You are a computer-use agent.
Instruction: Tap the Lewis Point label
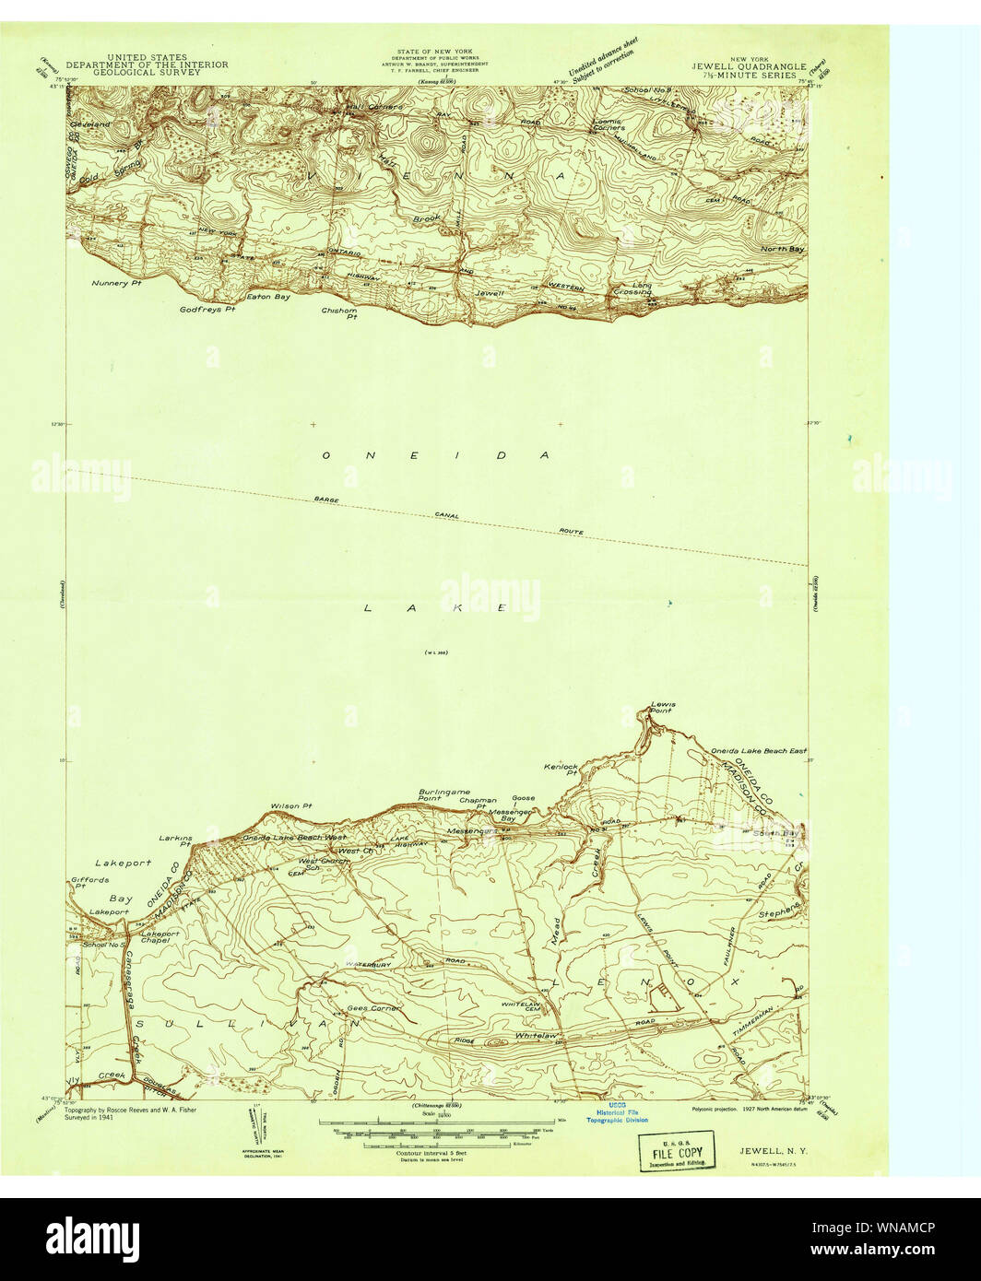coord(662,708)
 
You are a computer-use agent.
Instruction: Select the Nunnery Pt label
coord(114,284)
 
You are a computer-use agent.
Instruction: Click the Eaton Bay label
coord(268,297)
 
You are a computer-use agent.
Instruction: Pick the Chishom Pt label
coord(339,313)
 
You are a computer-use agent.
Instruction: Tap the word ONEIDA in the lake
coord(435,455)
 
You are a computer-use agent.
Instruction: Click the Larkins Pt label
coord(175,840)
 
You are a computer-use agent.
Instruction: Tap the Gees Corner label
coord(373,1008)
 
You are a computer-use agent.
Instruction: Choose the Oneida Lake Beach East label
coord(758,751)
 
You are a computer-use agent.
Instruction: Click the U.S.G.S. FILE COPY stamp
coord(678,1152)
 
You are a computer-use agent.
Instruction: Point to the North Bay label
coord(782,249)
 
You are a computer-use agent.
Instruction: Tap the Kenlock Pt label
coord(561,770)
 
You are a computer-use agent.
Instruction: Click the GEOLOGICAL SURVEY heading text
coord(147,72)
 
